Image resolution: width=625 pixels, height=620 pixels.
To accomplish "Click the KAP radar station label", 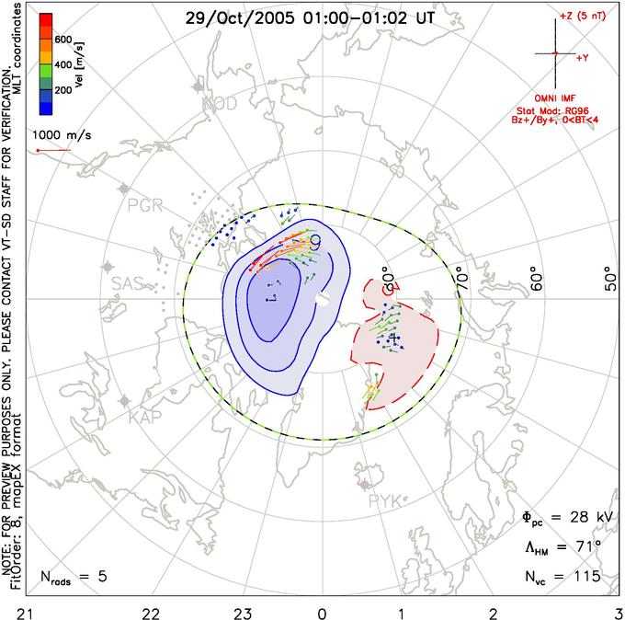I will coord(145,418).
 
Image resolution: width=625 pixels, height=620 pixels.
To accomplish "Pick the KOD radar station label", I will coord(220,104).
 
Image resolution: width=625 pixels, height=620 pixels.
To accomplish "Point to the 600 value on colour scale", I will coord(62,40).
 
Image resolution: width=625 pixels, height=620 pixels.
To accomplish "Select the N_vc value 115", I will coord(583,578).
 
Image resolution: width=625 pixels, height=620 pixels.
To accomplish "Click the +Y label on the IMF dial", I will coord(583,57).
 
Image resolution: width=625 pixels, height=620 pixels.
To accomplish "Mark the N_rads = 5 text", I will coord(74,578).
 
